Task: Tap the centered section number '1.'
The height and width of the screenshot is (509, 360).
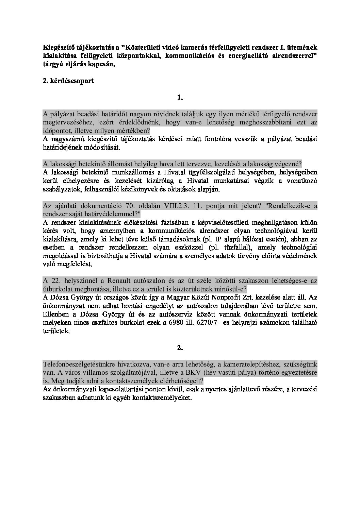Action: click(x=180, y=98)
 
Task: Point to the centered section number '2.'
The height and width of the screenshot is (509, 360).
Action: click(x=180, y=347)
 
